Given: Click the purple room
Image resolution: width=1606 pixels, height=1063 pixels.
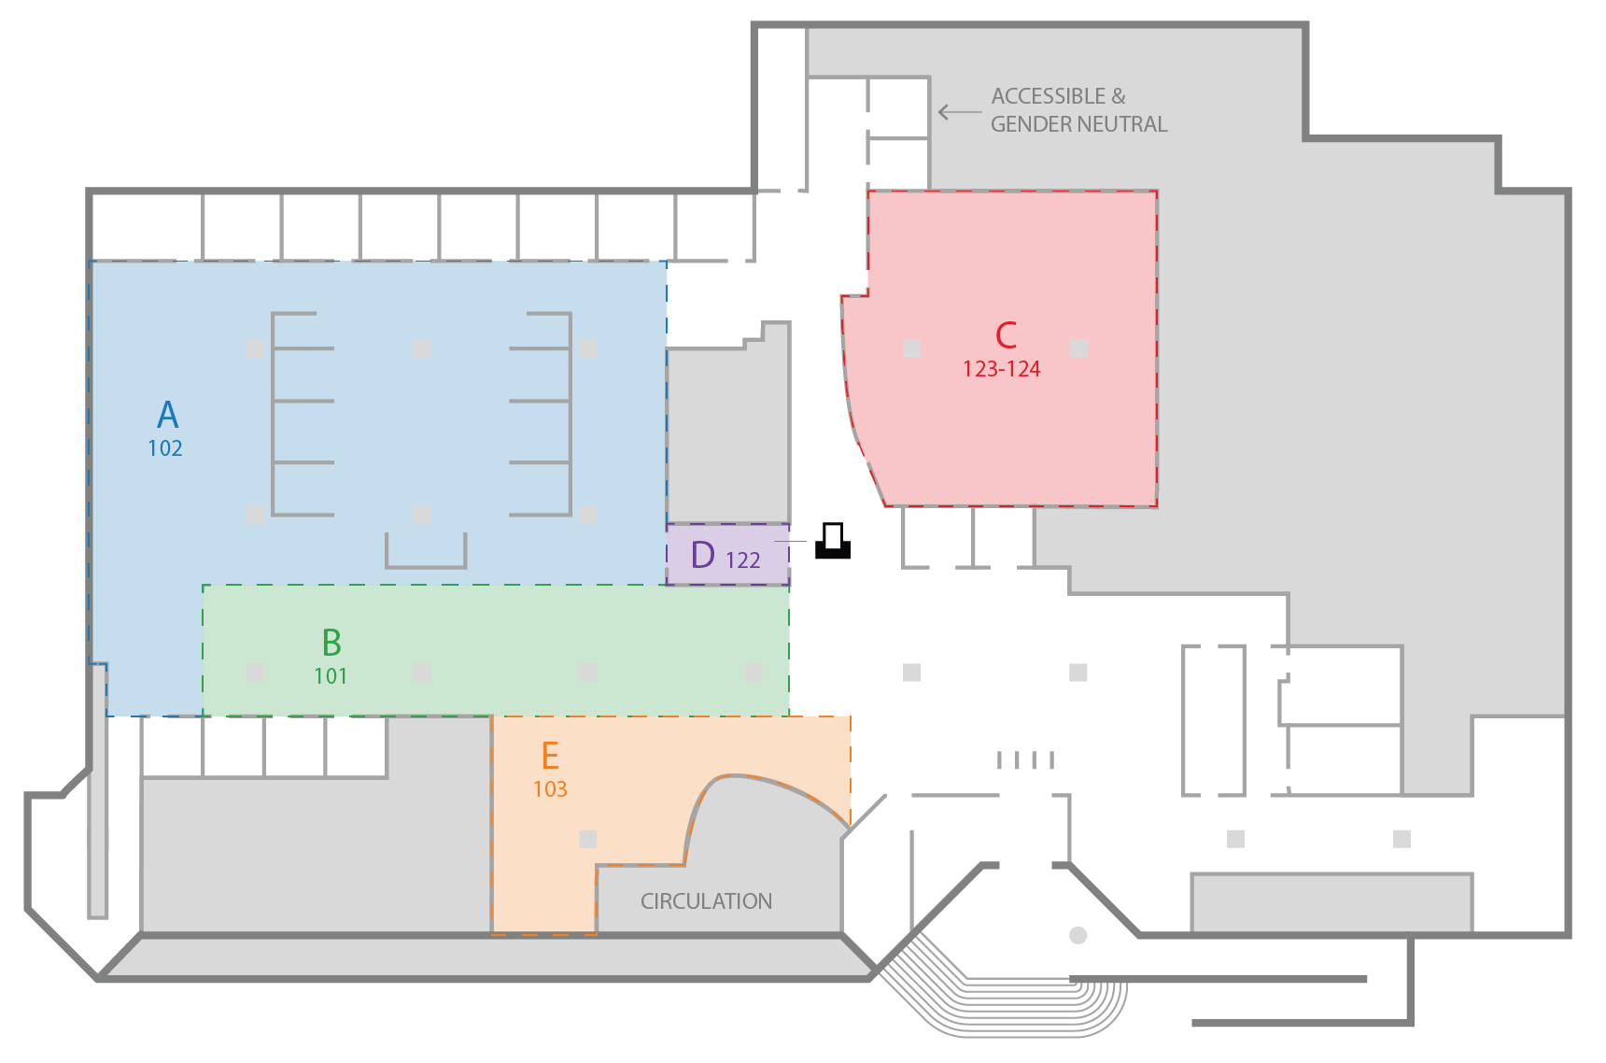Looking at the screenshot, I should [x=726, y=554].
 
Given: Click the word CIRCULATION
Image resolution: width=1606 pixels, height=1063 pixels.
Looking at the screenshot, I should [x=706, y=901].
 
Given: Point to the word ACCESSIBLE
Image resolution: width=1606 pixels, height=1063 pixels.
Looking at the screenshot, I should [x=1048, y=96].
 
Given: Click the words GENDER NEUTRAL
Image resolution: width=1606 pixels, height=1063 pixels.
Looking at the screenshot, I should [x=1078, y=124].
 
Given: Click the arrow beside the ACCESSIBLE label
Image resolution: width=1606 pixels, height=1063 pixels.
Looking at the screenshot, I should [x=958, y=112].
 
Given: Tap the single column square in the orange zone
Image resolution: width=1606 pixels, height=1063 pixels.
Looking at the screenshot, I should [x=587, y=839].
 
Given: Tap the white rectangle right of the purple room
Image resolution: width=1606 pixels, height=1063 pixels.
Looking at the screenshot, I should [x=833, y=536].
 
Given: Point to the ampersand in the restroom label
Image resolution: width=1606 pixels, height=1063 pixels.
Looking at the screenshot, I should [x=1119, y=96].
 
